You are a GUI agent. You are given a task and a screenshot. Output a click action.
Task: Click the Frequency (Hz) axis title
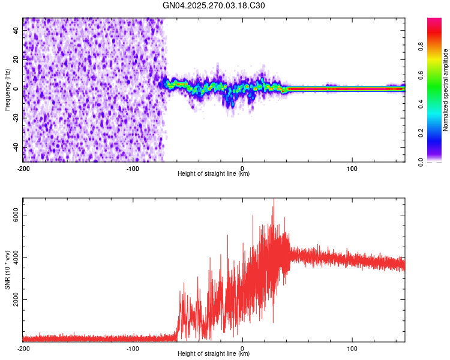[7, 90]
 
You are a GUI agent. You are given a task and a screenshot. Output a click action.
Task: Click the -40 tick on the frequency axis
[16, 148]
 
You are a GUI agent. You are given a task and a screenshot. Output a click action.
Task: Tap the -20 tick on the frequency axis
[16, 118]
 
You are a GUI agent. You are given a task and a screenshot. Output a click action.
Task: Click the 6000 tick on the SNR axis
[17, 215]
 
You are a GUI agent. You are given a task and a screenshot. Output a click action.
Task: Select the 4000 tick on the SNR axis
[17, 257]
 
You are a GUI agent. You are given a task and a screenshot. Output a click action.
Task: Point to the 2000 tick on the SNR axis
[17, 299]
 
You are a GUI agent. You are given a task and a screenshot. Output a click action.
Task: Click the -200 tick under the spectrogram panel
[23, 167]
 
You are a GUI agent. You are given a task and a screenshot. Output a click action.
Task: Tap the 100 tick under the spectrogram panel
[352, 167]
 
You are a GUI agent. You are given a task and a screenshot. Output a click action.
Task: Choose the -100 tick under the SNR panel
[133, 348]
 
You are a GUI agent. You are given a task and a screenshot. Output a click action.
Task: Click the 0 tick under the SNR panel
[242, 348]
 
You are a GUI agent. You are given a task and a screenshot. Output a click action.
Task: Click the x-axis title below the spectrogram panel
[214, 174]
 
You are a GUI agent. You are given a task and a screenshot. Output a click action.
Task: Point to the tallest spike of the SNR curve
[274, 200]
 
